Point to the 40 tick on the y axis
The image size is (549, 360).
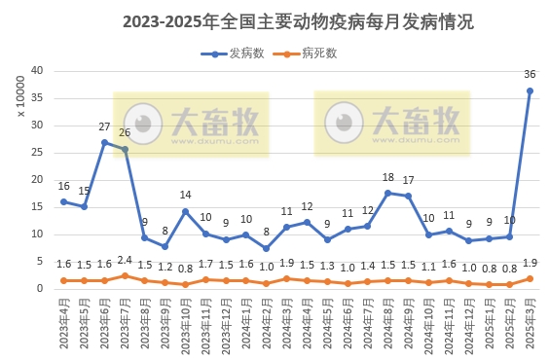coord(36,71)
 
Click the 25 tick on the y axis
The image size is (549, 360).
coord(36,153)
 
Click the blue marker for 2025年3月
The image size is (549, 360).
coord(530,91)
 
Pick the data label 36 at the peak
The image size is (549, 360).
coord(530,75)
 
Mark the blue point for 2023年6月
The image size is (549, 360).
coord(104,142)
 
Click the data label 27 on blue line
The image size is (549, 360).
coord(104,126)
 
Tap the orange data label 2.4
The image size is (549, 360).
coord(125,261)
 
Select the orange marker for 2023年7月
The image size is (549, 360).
coord(125,275)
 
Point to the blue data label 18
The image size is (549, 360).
coord(387,177)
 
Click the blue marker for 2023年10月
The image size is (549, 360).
coord(185,211)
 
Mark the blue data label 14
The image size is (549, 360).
coord(185,196)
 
